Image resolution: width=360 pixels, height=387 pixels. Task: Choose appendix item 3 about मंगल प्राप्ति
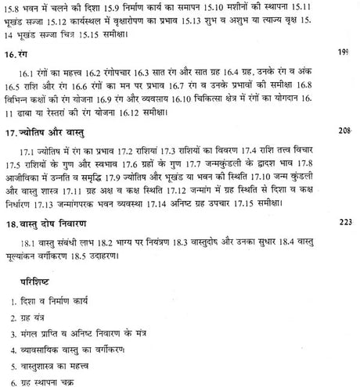coord(86,333)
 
